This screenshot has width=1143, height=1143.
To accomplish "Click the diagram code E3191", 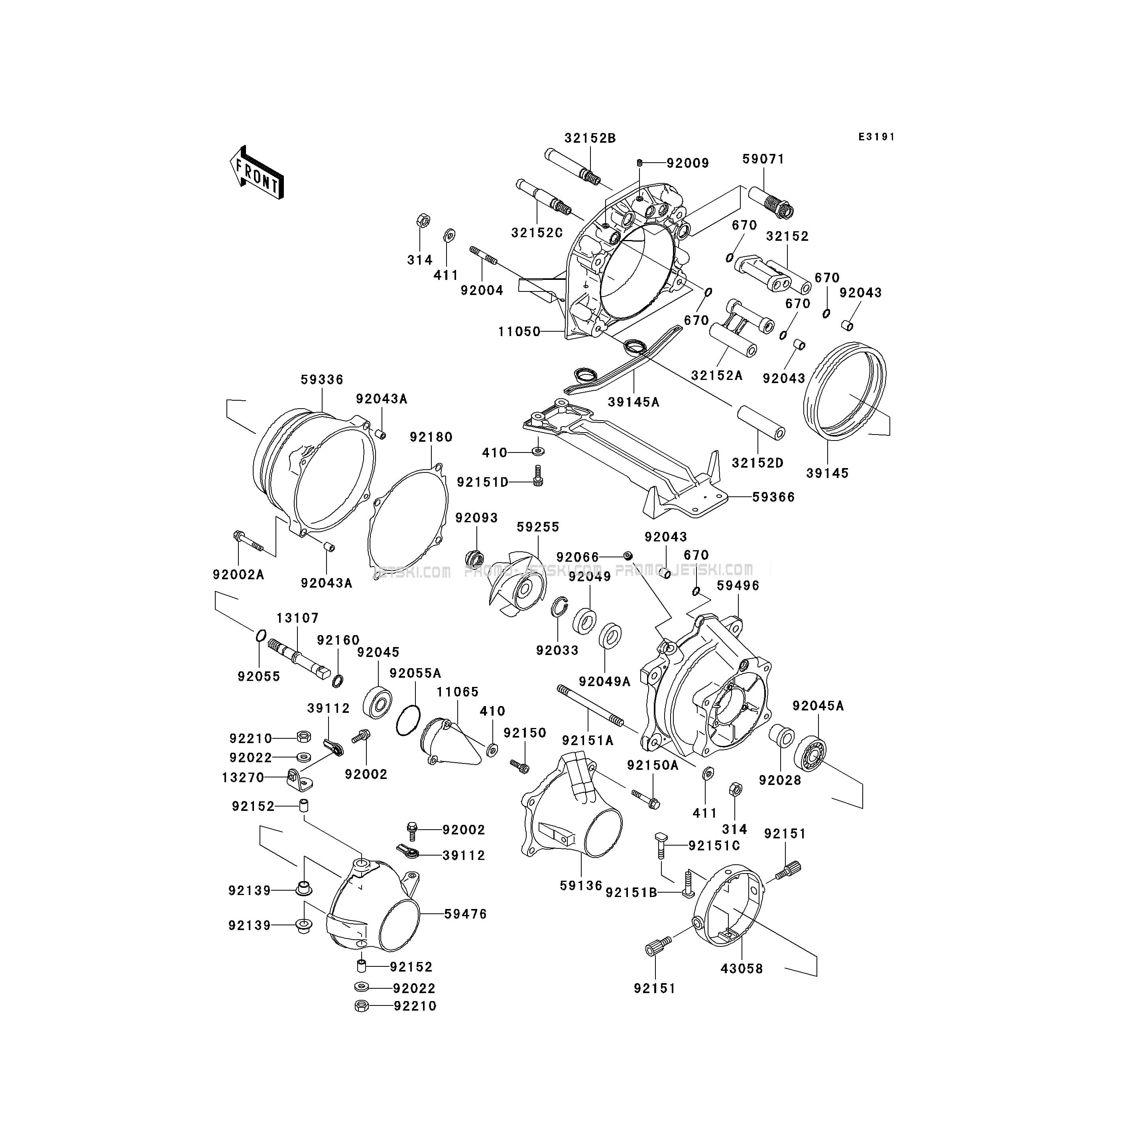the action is pyautogui.click(x=877, y=137).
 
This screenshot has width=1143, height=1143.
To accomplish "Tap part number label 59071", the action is pyautogui.click(x=763, y=159).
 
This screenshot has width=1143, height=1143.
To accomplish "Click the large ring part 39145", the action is pyautogui.click(x=845, y=391).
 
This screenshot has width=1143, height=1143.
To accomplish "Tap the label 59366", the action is pyautogui.click(x=773, y=497).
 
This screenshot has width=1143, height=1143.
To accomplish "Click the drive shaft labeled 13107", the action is pyautogui.click(x=298, y=659).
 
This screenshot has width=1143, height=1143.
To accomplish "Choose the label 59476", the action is pyautogui.click(x=466, y=914).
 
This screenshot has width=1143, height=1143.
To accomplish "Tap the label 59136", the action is pyautogui.click(x=581, y=902).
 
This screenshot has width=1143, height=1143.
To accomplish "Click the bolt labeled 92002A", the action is pyautogui.click(x=248, y=539).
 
